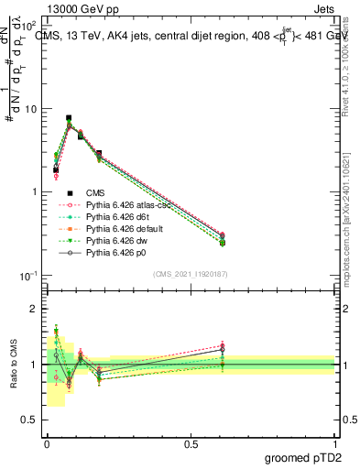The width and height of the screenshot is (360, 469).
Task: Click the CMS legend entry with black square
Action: coord(97,193)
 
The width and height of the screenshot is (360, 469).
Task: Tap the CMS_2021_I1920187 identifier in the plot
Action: coord(191,274)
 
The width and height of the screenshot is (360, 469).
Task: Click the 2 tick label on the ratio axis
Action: coord(35,310)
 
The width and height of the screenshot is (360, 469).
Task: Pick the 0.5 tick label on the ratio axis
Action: coord(31,420)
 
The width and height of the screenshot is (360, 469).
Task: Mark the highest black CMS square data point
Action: coord(69,118)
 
